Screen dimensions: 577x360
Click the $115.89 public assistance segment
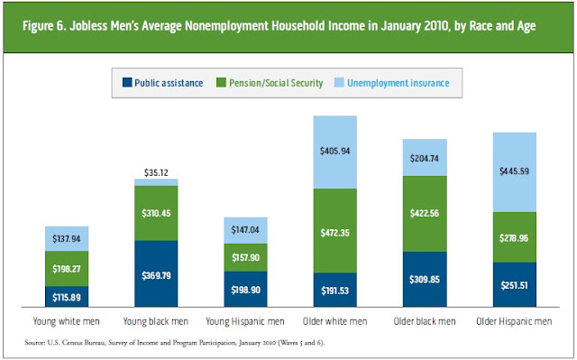67,297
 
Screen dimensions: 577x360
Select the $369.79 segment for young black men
156,274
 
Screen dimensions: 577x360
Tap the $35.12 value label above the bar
156,172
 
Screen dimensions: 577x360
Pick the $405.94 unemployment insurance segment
334,152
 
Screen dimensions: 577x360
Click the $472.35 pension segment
334,231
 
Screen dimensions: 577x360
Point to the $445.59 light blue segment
515,172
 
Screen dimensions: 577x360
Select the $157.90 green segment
245,258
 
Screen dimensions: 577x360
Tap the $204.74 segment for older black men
425,158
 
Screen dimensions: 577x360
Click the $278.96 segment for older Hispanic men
515,237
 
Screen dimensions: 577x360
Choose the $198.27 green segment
67,269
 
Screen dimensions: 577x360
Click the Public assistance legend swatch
127,82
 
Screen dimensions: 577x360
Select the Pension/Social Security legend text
276,83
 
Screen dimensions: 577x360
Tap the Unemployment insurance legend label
398,83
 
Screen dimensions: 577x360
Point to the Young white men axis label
66,321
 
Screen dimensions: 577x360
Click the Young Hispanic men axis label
245,321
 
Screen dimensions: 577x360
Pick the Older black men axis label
425,321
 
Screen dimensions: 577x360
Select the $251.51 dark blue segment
515,284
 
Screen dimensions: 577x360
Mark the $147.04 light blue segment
245,230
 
